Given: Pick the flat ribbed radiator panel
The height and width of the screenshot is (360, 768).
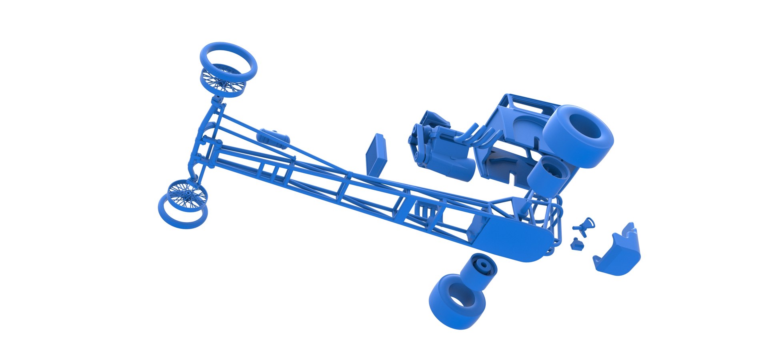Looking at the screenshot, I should [376, 154].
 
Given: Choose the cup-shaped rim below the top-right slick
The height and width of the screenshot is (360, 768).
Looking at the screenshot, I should [548, 176].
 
